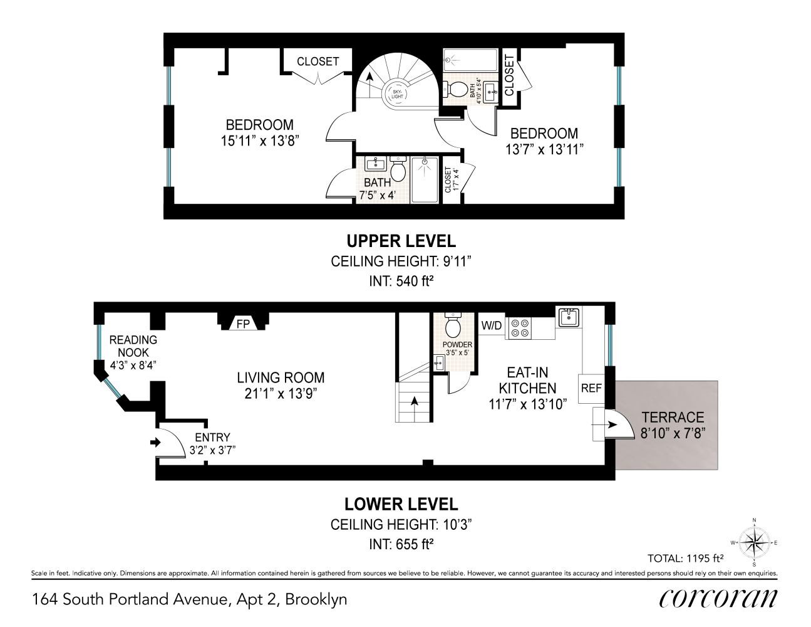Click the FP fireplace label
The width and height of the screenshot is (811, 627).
(243, 323)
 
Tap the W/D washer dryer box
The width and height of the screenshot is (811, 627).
(492, 326)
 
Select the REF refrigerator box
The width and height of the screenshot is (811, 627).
(591, 389)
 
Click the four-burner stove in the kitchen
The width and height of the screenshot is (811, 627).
(518, 328)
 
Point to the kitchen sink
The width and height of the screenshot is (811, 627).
(569, 317)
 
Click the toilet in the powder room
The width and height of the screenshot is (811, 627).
(453, 325)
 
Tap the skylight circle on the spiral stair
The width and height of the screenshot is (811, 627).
(397, 94)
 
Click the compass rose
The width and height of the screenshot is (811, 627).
(754, 543)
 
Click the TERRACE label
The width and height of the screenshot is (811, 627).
(673, 417)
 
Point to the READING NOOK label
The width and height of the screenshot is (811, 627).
(133, 346)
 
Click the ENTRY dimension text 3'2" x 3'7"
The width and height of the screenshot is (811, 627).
(212, 450)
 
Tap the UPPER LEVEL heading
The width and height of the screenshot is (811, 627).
(401, 241)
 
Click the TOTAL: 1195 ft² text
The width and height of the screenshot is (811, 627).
(686, 558)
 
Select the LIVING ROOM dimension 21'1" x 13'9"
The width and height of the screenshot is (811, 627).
(281, 394)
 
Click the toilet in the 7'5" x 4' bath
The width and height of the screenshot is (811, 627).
(398, 169)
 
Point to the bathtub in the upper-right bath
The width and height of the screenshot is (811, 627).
(470, 60)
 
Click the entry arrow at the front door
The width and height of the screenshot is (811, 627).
(155, 443)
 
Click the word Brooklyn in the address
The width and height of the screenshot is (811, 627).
(316, 599)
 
